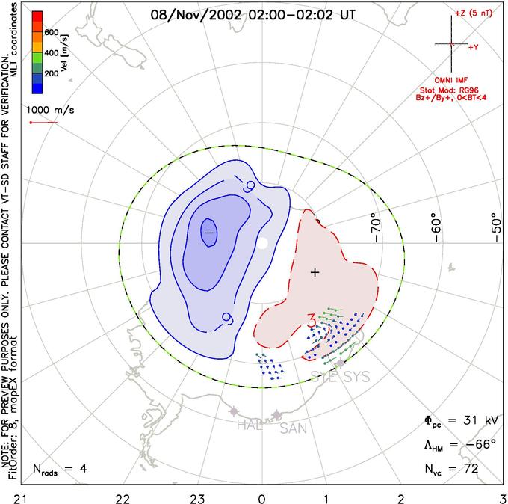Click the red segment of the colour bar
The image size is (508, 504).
coord(36,18)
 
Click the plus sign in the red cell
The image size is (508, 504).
coord(315,272)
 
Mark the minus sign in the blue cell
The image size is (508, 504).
coord(209,233)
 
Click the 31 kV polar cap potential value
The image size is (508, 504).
coord(464,422)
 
